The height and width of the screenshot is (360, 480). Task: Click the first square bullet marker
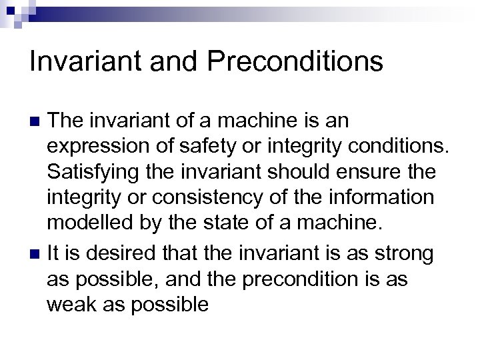pyautogui.click(x=36, y=121)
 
